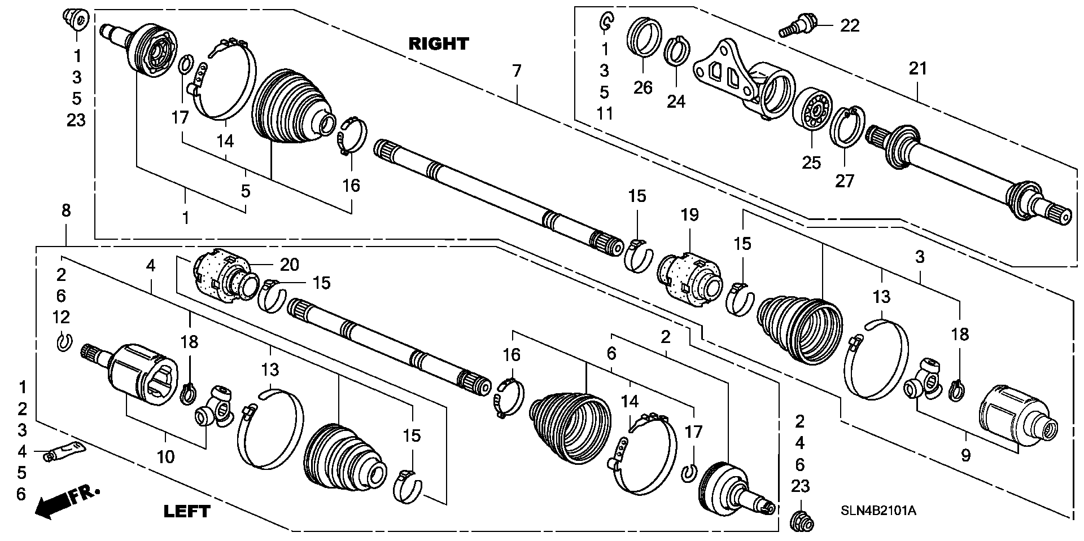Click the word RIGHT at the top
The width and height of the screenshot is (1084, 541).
click(x=439, y=43)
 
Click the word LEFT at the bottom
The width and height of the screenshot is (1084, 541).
click(x=186, y=512)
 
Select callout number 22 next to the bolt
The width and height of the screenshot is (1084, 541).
click(x=850, y=25)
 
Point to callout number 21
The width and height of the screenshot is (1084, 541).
click(x=917, y=69)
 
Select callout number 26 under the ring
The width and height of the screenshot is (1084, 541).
click(x=643, y=87)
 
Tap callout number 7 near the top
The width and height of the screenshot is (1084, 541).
click(x=517, y=71)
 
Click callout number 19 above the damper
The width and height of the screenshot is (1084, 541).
click(x=689, y=215)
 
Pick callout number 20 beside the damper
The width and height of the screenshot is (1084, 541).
click(x=290, y=265)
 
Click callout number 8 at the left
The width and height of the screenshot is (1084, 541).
click(x=66, y=211)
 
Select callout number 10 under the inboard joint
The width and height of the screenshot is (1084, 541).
click(x=165, y=456)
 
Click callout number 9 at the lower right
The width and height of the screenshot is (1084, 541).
click(x=965, y=455)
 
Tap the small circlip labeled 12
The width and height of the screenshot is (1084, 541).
click(x=64, y=342)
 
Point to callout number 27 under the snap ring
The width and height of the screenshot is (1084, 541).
click(x=845, y=181)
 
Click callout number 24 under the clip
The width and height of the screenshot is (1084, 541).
click(x=676, y=102)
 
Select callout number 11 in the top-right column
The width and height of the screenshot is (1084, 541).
click(x=605, y=113)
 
